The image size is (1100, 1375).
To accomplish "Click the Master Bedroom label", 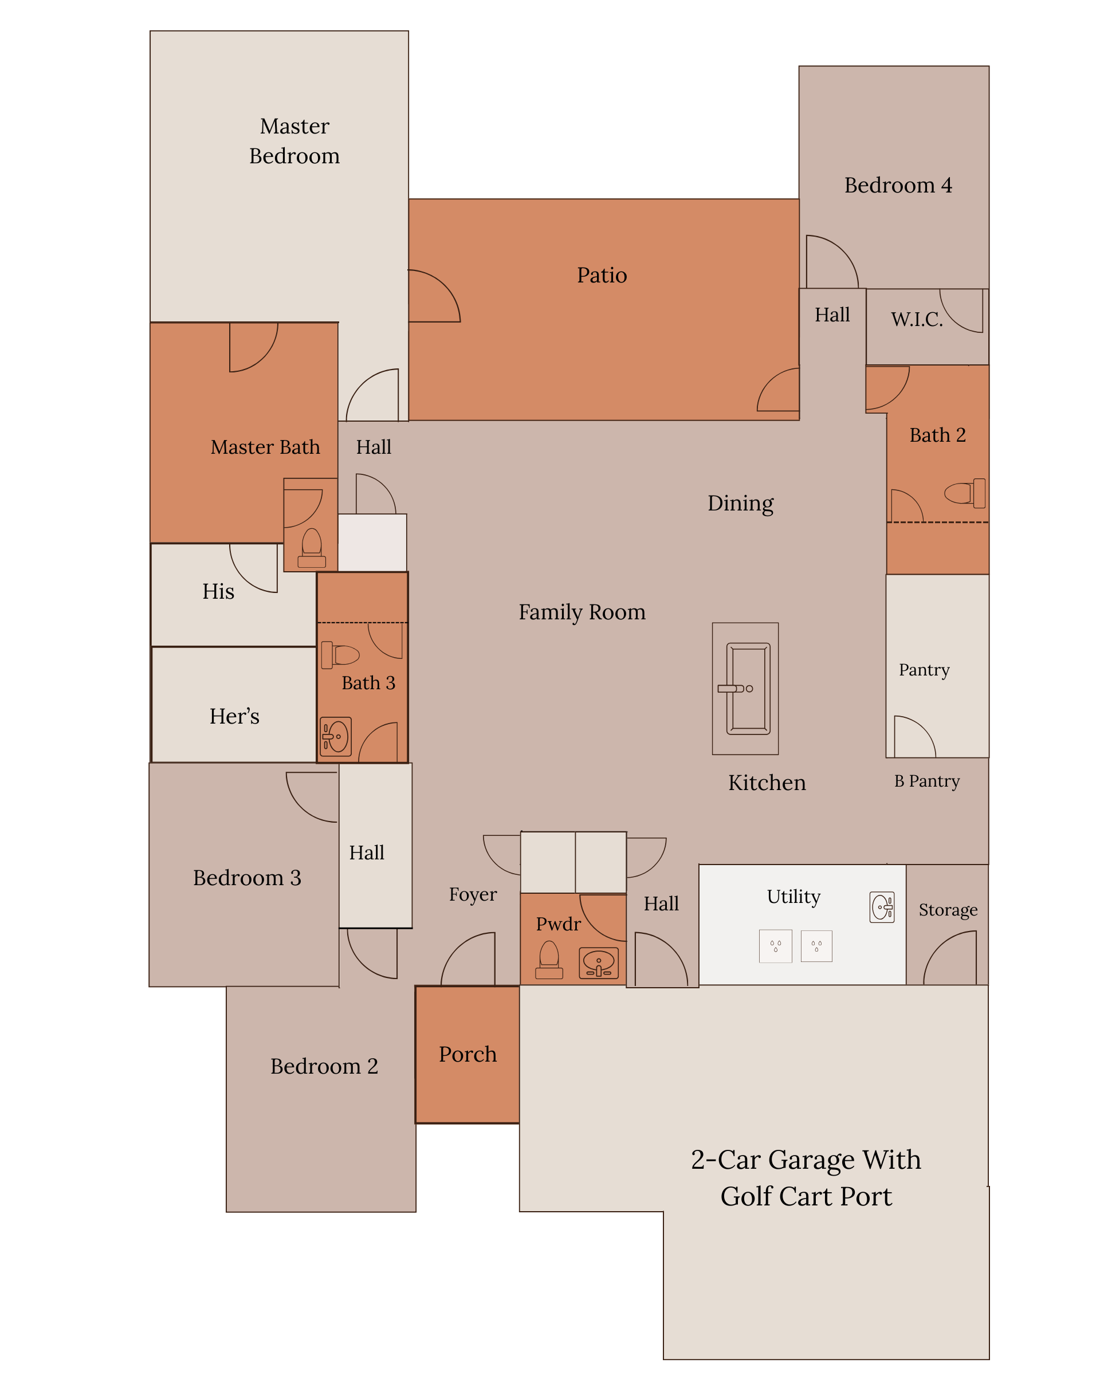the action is [294, 141].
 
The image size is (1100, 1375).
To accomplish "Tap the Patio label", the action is [602, 275].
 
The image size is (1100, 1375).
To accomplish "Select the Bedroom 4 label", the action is [898, 185].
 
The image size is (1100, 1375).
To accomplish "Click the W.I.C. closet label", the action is [916, 319].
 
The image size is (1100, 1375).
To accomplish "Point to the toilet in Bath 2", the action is [965, 493].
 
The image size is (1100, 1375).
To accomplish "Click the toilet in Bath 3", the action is [340, 655].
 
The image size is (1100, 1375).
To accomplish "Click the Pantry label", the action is [924, 670].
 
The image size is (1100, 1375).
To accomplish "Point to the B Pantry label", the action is [926, 781].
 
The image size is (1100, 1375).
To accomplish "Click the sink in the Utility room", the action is [882, 907].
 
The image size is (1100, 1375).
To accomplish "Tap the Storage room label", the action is [948, 910].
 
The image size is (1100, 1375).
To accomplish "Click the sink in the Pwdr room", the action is [599, 963].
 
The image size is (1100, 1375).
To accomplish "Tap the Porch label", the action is [467, 1054].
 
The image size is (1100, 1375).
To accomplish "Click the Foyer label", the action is [473, 894].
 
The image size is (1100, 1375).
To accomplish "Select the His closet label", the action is [218, 591].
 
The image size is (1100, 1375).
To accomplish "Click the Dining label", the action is [740, 503].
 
